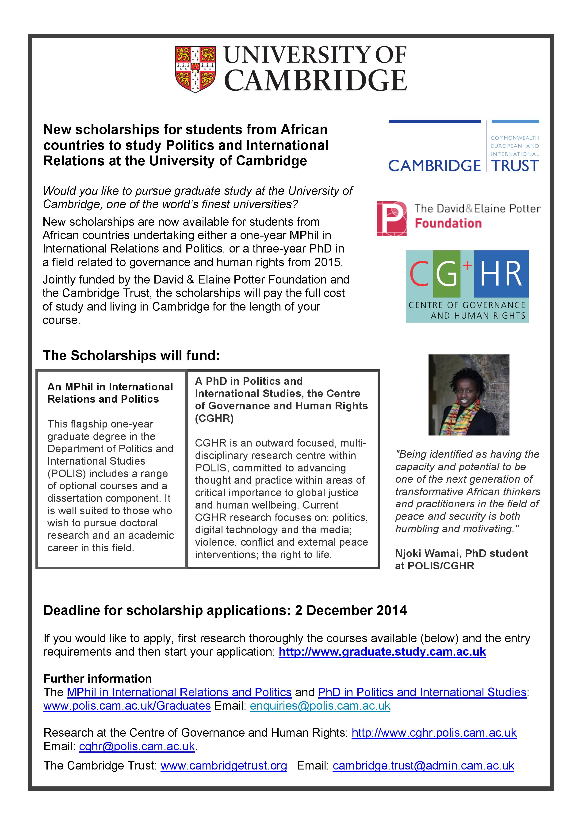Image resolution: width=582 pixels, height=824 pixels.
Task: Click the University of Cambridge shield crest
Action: click(x=195, y=69)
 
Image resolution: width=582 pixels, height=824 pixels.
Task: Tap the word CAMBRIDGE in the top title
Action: click(x=316, y=80)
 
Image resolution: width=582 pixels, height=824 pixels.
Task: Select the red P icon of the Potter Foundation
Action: click(x=392, y=218)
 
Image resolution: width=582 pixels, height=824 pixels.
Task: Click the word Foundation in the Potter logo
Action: click(x=448, y=223)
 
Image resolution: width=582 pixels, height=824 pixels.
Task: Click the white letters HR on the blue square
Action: click(x=501, y=274)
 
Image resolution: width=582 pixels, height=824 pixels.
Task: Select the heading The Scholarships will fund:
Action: click(x=131, y=356)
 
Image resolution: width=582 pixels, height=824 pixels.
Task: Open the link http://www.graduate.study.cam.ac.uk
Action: click(x=382, y=652)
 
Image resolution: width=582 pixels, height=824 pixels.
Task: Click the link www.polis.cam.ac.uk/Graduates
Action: click(x=127, y=706)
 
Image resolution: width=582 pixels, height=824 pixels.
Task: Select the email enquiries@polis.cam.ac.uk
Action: click(x=320, y=706)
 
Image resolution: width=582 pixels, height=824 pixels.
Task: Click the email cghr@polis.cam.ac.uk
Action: click(x=137, y=746)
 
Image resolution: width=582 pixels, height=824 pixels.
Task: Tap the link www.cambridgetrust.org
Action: click(x=224, y=766)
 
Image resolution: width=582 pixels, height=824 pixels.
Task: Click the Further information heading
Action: click(x=98, y=679)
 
